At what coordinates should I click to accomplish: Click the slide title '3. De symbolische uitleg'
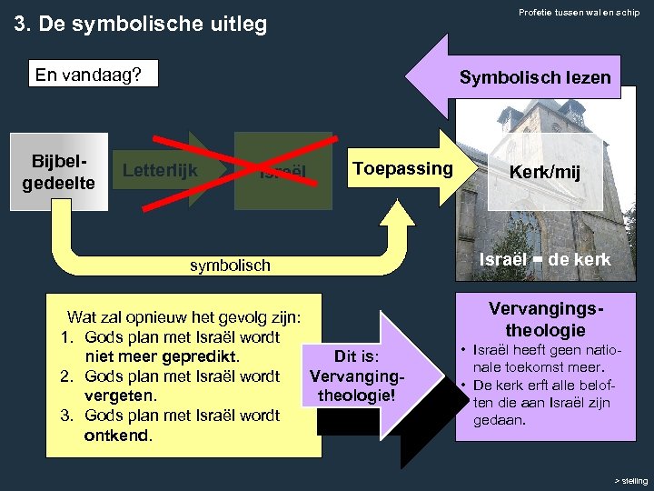tap(141, 24)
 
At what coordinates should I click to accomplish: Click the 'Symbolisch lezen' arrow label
tap(534, 77)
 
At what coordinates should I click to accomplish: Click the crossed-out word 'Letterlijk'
tap(160, 169)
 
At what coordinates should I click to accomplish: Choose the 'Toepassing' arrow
tap(402, 168)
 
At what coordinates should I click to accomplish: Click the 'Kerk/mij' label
tap(544, 172)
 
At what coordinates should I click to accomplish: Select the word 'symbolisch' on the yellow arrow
tap(230, 266)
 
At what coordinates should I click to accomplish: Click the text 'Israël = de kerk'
tap(546, 259)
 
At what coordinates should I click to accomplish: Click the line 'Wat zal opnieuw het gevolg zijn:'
tap(184, 317)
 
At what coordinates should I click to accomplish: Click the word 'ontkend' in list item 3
tap(118, 435)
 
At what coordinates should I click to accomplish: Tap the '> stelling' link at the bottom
tap(630, 480)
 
